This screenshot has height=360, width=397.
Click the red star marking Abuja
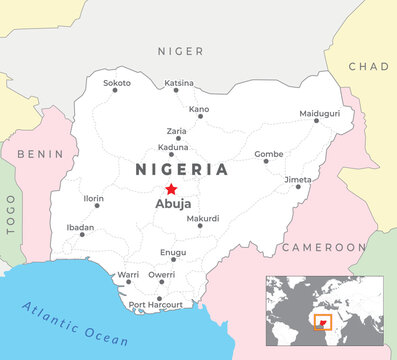point(171,189)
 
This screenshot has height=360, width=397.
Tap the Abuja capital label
point(172,204)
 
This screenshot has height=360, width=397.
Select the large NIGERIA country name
point(181,169)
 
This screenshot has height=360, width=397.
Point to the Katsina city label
point(178,82)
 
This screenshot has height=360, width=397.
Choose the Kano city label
point(199,108)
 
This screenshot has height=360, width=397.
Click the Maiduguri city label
point(320,113)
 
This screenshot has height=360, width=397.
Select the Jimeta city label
point(298,179)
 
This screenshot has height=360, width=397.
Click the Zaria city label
point(175,130)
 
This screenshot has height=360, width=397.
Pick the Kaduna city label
point(173,146)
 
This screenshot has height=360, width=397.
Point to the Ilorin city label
point(93,198)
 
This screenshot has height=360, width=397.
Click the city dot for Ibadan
point(81,235)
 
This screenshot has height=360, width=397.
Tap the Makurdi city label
point(203,218)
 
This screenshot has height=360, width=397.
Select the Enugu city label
point(173,253)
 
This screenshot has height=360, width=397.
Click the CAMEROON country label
point(322,246)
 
